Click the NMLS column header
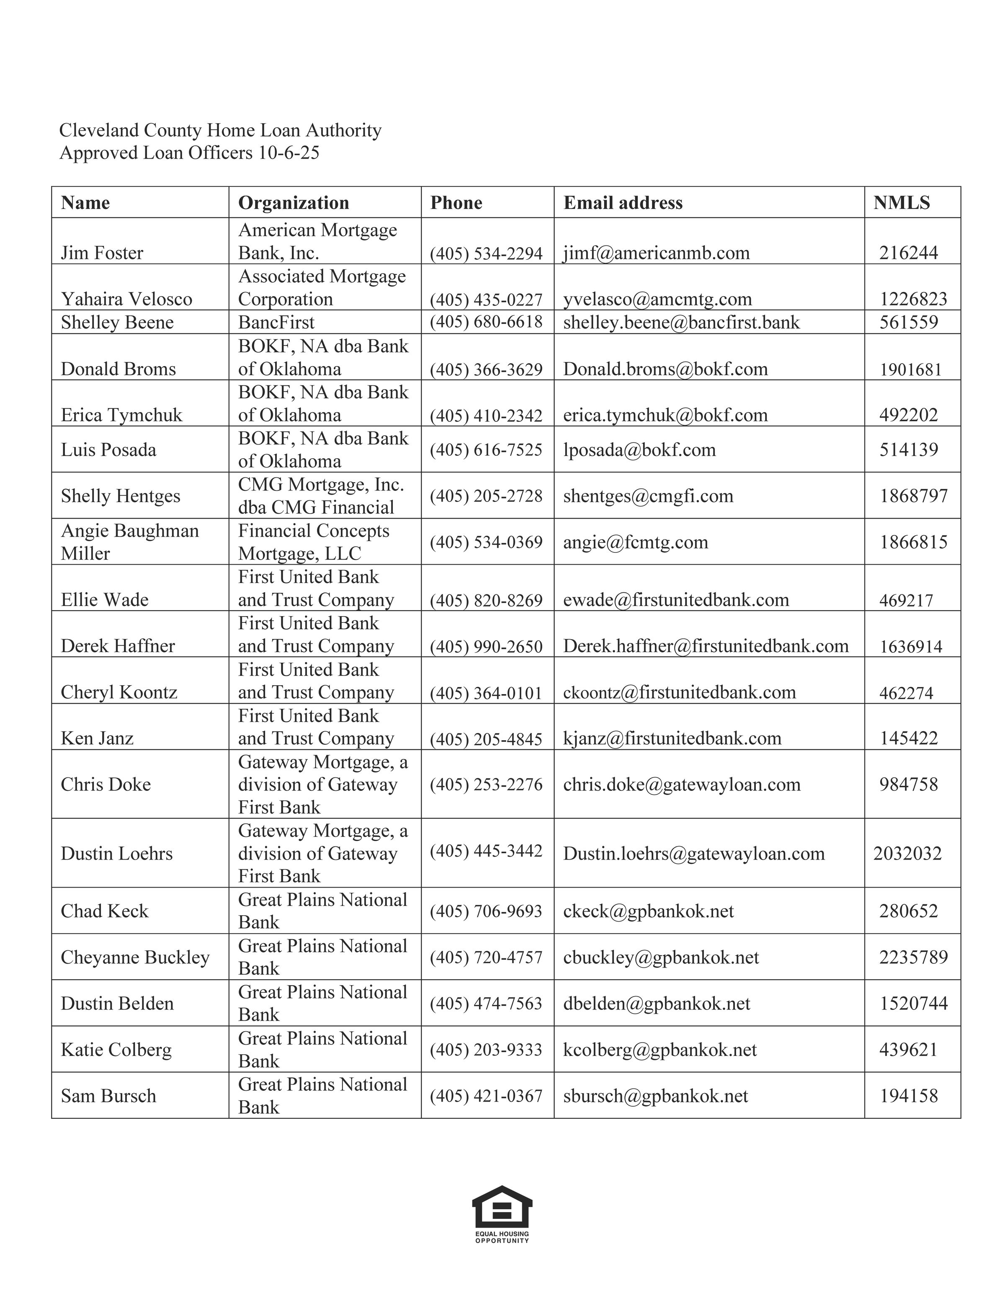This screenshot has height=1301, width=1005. click(902, 203)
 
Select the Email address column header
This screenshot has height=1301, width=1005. click(623, 203)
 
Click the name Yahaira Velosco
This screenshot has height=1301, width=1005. click(126, 299)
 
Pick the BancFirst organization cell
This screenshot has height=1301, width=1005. click(276, 322)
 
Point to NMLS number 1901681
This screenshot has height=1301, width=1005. click(910, 369)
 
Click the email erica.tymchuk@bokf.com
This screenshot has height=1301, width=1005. click(665, 415)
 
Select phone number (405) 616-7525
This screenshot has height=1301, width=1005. click(486, 450)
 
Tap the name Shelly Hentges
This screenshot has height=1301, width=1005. click(120, 496)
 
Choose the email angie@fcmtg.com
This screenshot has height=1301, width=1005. click(635, 542)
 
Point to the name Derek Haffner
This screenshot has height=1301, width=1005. click(118, 646)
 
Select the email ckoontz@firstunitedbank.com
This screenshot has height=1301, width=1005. click(679, 692)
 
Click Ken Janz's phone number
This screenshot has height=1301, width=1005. click(486, 739)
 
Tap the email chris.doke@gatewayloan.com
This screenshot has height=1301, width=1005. click(682, 785)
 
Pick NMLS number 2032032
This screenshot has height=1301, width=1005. click(907, 854)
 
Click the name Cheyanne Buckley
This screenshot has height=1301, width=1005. click(135, 957)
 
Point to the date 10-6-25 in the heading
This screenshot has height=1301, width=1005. click(289, 153)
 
